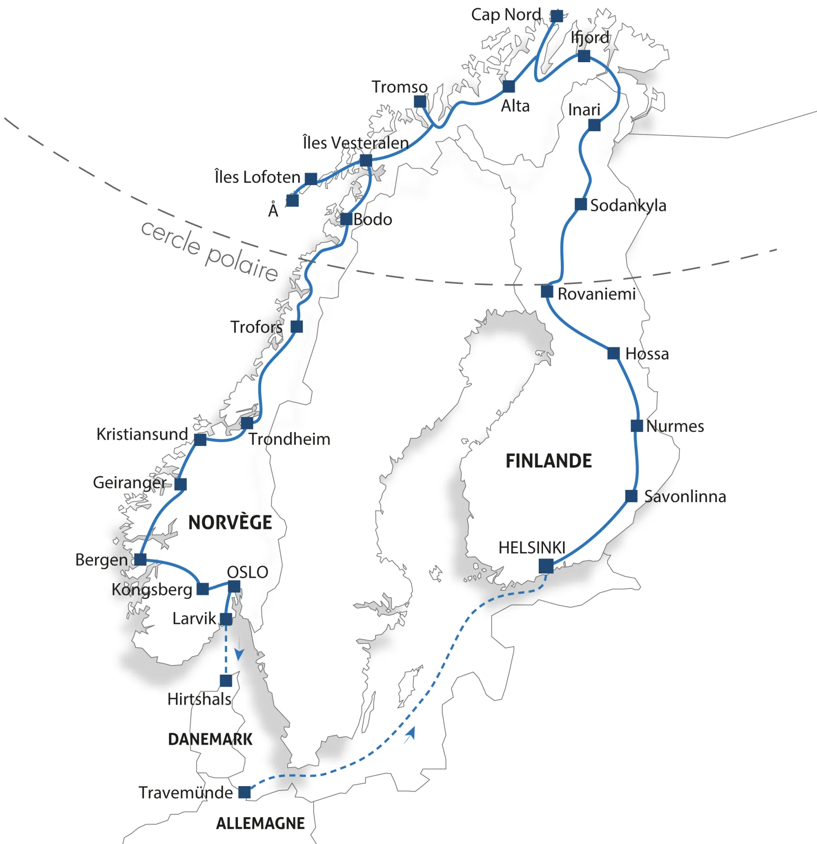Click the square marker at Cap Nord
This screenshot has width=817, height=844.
[x=557, y=16]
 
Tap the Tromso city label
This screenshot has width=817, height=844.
[x=400, y=87]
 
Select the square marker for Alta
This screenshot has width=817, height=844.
[x=509, y=86]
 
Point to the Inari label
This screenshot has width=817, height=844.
[x=584, y=110]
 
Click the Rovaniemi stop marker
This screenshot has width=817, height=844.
[x=547, y=292]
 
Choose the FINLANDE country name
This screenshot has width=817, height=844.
[x=548, y=461]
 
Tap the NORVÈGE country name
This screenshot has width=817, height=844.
[x=230, y=523]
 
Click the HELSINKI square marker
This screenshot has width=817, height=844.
[x=546, y=566]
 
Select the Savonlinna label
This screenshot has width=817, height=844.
[x=685, y=497]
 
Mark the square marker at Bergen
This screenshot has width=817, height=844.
[x=140, y=559]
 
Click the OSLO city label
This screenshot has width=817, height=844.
[x=248, y=572]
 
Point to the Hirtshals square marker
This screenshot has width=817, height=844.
[x=226, y=681]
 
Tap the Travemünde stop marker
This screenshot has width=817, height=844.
[x=245, y=792]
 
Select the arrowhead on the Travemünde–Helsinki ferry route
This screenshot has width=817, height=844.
[x=410, y=734]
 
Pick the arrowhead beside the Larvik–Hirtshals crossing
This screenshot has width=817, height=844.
[x=239, y=654]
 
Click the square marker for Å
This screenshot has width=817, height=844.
[x=293, y=200]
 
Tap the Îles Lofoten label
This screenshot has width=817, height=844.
[x=257, y=177]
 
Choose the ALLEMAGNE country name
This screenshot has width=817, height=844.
[x=260, y=823]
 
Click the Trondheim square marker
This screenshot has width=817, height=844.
[x=247, y=423]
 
